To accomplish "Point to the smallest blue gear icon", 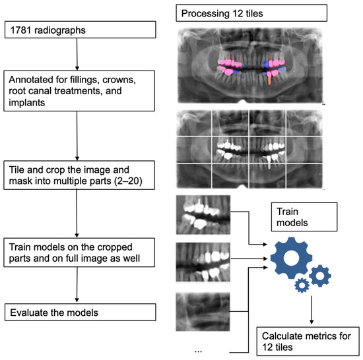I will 303,285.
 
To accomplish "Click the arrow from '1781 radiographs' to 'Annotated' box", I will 79,54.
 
